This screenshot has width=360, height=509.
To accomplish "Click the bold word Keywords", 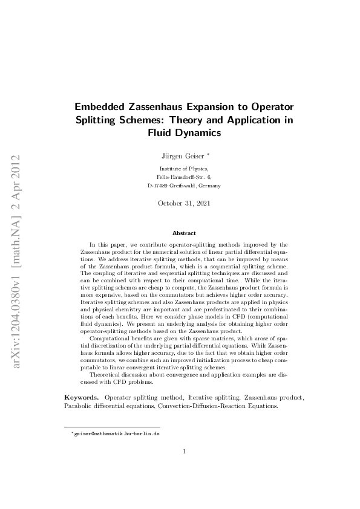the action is [81, 397].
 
